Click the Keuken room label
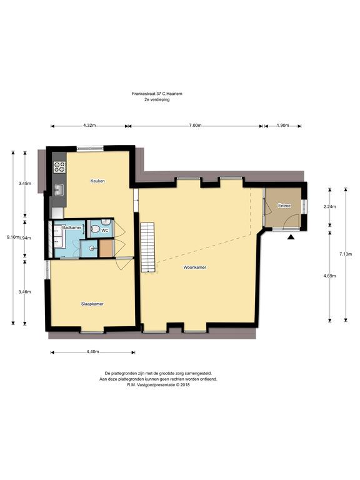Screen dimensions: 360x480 (97, 181)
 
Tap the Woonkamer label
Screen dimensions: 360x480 (195, 267)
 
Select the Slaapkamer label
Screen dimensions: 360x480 (92, 304)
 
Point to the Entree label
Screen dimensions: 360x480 (284, 206)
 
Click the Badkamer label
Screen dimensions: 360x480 (72, 227)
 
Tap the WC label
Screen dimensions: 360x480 (105, 231)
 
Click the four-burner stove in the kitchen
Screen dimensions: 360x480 (60, 167)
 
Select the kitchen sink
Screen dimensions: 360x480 (59, 189)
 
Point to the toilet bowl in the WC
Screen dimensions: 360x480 (95, 229)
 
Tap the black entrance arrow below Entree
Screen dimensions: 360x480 (291, 237)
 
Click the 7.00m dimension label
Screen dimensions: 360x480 (195, 126)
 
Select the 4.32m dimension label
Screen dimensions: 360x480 (89, 126)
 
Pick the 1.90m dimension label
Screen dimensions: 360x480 (282, 126)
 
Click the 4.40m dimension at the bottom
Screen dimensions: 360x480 (92, 352)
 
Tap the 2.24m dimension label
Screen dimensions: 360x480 (330, 207)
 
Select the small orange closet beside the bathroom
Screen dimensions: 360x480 (106, 249)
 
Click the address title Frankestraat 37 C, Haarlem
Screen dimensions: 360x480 (157, 94)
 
